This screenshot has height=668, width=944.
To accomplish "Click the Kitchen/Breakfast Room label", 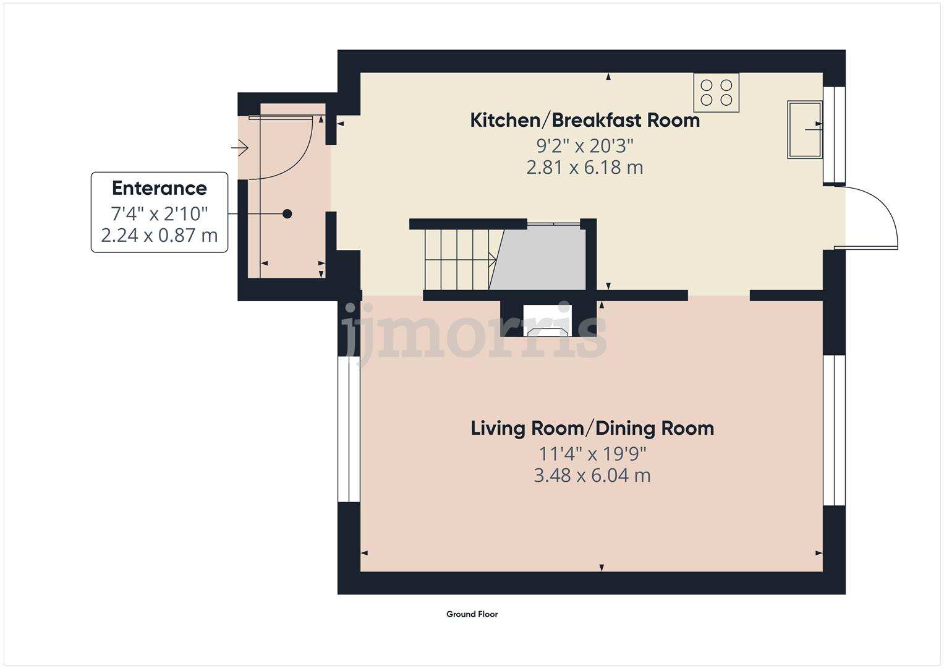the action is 585,121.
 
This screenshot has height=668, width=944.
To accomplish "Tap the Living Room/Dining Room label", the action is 592,429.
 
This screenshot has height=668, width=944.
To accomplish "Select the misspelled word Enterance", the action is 159,188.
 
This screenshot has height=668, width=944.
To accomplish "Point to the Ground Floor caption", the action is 472,614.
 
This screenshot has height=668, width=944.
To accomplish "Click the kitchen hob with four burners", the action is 716,92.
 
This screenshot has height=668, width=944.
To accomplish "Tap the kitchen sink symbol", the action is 805,130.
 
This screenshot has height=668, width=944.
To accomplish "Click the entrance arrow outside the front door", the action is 239,148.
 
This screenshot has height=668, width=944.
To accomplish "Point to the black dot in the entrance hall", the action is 287,214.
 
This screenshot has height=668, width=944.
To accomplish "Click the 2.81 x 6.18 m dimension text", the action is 585,168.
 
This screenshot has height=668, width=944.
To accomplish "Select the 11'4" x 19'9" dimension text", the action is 592,454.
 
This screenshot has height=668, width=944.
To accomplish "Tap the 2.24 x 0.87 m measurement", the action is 159,235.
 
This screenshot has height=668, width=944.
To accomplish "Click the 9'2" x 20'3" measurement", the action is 585,147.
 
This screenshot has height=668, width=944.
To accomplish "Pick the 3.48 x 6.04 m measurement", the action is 592,476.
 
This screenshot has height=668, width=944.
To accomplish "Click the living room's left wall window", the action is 349,429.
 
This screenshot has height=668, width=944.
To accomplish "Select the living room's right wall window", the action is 834,430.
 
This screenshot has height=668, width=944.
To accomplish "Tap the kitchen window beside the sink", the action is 834,135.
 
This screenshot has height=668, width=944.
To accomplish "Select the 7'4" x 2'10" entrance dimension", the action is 159,214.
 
